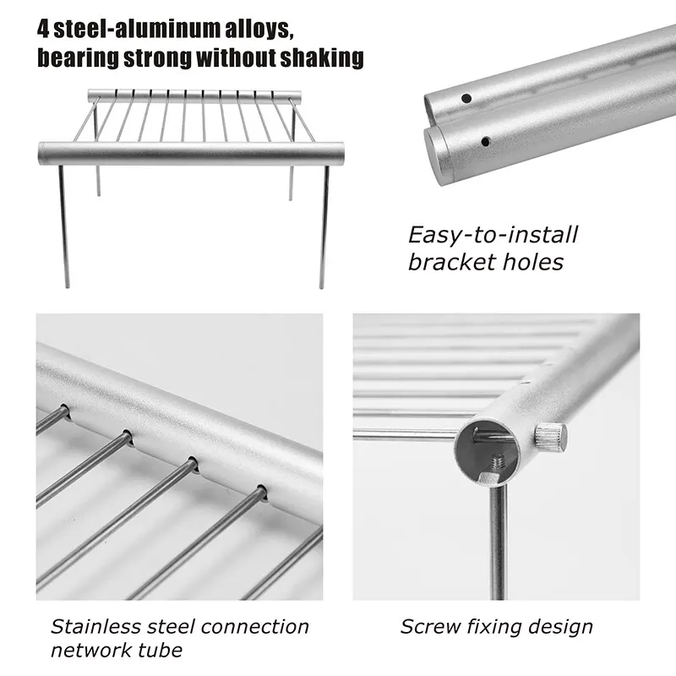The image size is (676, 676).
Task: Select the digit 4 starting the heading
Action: tap(42, 29)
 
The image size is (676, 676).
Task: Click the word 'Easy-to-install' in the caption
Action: tap(493, 235)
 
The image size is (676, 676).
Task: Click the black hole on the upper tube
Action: tap(466, 99)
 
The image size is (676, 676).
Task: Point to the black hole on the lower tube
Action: tap(486, 141)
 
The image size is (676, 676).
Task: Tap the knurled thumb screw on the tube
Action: tap(549, 436)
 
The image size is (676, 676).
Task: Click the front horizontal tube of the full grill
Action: tap(191, 154)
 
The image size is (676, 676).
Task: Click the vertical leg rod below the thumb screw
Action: tap(499, 541)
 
